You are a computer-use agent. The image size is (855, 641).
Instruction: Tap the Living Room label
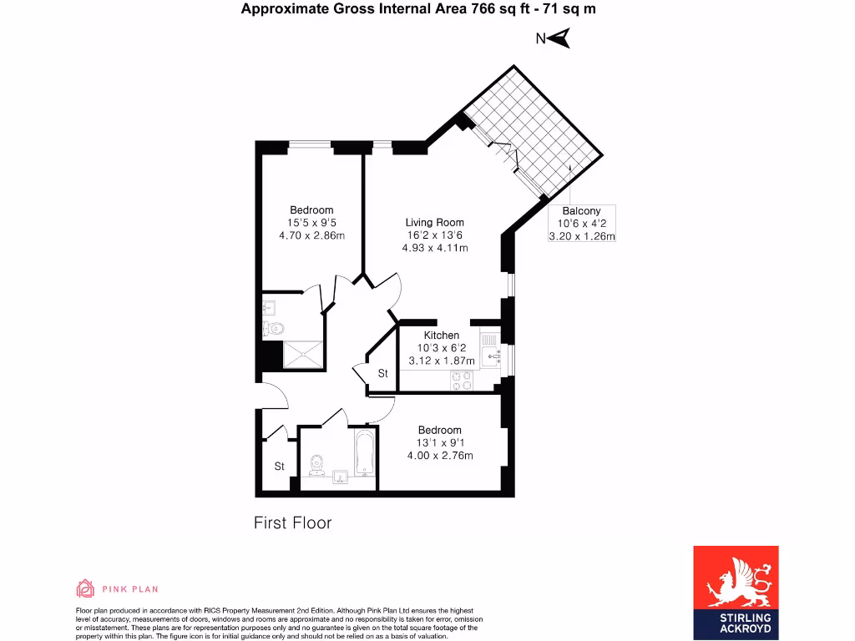pos(434,222)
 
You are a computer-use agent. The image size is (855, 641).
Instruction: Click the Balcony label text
pos(581,212)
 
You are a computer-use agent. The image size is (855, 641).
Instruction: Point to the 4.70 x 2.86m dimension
pos(311,235)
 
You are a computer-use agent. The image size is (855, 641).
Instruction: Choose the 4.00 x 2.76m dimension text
pos(439,456)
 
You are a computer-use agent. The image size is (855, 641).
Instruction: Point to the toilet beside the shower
pos(273,328)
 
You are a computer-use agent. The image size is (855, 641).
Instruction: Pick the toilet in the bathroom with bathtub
pos(316,464)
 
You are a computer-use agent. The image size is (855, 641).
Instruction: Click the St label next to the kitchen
pos(383,374)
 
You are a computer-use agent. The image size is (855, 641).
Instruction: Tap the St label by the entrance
pos(280,467)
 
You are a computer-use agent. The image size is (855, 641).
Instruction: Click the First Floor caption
pos(292,523)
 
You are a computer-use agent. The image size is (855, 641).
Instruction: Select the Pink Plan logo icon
pos(84,588)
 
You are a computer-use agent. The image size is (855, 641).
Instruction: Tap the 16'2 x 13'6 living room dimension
pos(434,235)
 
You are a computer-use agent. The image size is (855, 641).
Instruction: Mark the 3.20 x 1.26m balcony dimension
pos(581,236)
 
